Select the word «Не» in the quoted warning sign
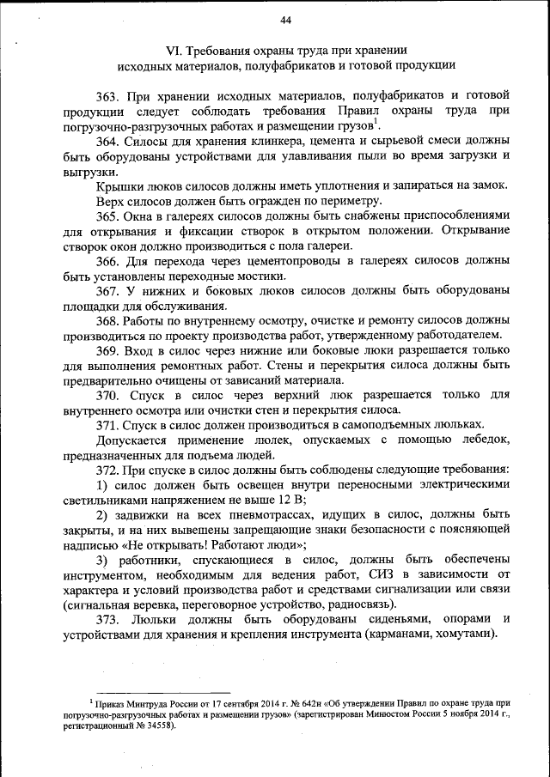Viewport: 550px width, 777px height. click(x=144, y=545)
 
